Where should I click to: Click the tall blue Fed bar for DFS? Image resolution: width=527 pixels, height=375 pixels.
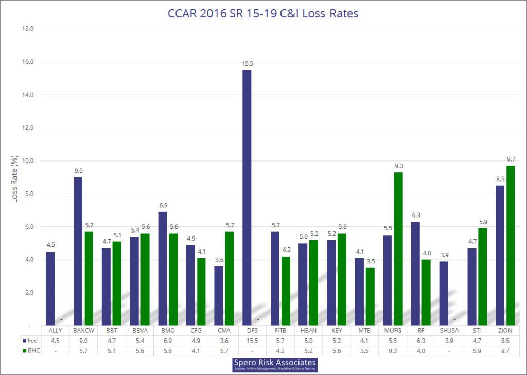click(x=247, y=198)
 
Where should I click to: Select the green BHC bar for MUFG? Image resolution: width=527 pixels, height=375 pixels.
click(x=398, y=249)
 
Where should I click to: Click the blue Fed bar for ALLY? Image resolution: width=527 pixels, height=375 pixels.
click(x=50, y=288)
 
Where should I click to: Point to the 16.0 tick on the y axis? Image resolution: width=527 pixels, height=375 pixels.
click(x=26, y=62)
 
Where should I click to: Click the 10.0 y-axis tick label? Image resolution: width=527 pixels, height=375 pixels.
click(x=26, y=161)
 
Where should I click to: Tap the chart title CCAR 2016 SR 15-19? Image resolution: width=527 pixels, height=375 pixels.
click(x=263, y=14)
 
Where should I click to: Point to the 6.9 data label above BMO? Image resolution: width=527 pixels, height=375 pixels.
click(x=163, y=205)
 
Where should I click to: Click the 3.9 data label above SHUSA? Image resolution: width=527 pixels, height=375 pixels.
click(x=444, y=255)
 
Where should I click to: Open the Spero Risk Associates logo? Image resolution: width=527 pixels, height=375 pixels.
click(x=274, y=365)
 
